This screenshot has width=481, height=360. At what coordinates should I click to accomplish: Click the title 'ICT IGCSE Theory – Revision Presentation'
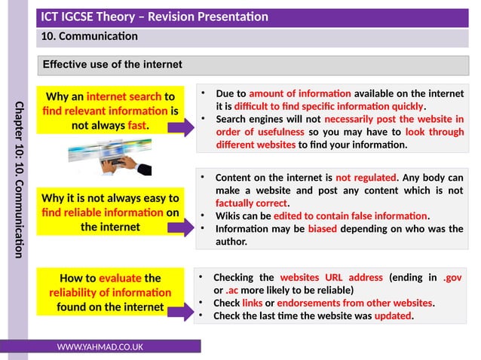pos(155,17)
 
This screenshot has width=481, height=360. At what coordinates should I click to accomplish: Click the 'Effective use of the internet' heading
pos(112,65)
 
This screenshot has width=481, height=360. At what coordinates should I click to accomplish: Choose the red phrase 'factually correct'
pos(252,203)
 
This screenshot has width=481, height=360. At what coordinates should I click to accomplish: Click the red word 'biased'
pos(326,229)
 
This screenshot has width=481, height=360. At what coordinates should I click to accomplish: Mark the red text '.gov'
pos(453,277)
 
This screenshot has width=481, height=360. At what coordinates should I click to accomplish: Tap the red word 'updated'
pos(393,316)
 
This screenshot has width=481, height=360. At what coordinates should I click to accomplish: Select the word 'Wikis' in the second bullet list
pos(228,216)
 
